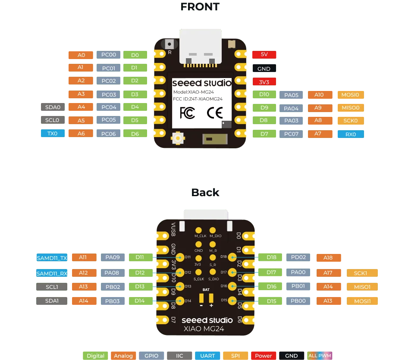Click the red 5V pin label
264,54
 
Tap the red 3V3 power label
264,82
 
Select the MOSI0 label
351,95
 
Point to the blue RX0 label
351,134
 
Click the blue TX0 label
53,134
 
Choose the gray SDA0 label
53,107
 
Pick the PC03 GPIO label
109,94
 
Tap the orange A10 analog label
320,95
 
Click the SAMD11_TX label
52,258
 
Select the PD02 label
298,257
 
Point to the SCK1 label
362,273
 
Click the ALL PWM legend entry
320,356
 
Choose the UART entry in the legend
207,356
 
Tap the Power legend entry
264,356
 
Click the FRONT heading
200,7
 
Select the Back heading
205,192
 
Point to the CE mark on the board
215,113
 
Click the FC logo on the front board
187,113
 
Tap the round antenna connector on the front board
178,138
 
